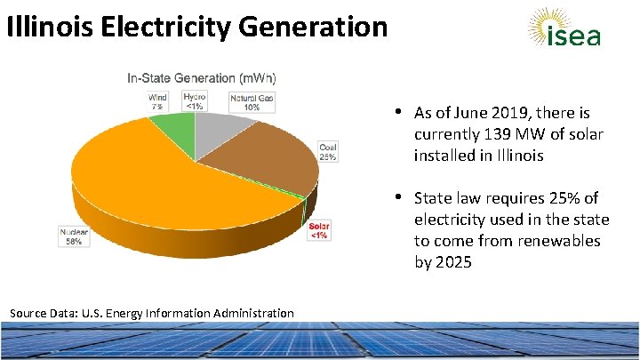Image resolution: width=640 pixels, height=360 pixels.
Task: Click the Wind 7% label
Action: pyautogui.click(x=157, y=102)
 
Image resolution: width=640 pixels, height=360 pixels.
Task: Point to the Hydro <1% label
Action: pyautogui.click(x=195, y=101)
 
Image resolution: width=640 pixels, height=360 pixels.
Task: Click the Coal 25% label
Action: pyautogui.click(x=328, y=152)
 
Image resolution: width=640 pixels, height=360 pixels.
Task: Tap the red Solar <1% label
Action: pyautogui.click(x=318, y=230)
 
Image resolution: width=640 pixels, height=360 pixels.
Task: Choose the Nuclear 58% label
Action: pyautogui.click(x=75, y=236)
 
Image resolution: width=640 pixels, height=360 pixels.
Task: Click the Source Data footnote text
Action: pyautogui.click(x=151, y=313)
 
